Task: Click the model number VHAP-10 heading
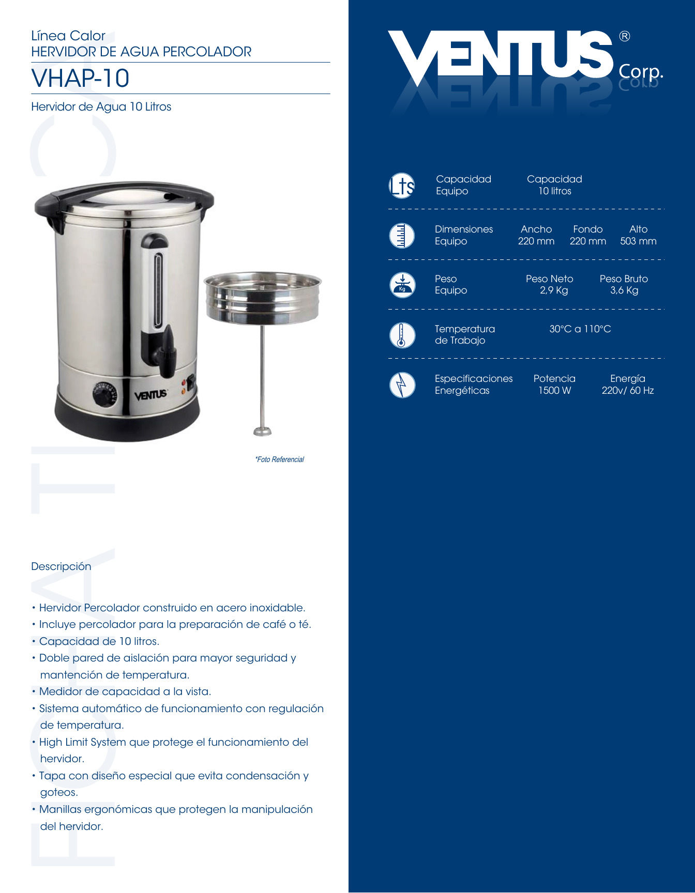tap(80, 79)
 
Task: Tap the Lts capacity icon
tap(402, 186)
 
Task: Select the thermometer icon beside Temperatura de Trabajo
tap(402, 335)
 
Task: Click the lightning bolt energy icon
tap(402, 385)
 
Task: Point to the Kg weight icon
tap(402, 285)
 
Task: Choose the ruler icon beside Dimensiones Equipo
tap(402, 236)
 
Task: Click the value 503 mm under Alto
tap(638, 241)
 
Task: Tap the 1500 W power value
tap(554, 391)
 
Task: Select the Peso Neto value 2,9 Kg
tap(554, 290)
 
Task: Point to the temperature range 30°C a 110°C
tap(580, 329)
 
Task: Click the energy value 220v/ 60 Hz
tap(627, 391)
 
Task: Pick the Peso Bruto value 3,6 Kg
tap(624, 290)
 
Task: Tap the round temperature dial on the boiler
tap(105, 396)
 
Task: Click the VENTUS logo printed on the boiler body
tap(150, 395)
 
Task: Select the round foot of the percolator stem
tap(263, 431)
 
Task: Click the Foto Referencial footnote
tap(279, 459)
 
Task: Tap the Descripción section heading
tap(61, 566)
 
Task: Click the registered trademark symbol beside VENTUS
tap(625, 36)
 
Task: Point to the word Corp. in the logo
tap(641, 71)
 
